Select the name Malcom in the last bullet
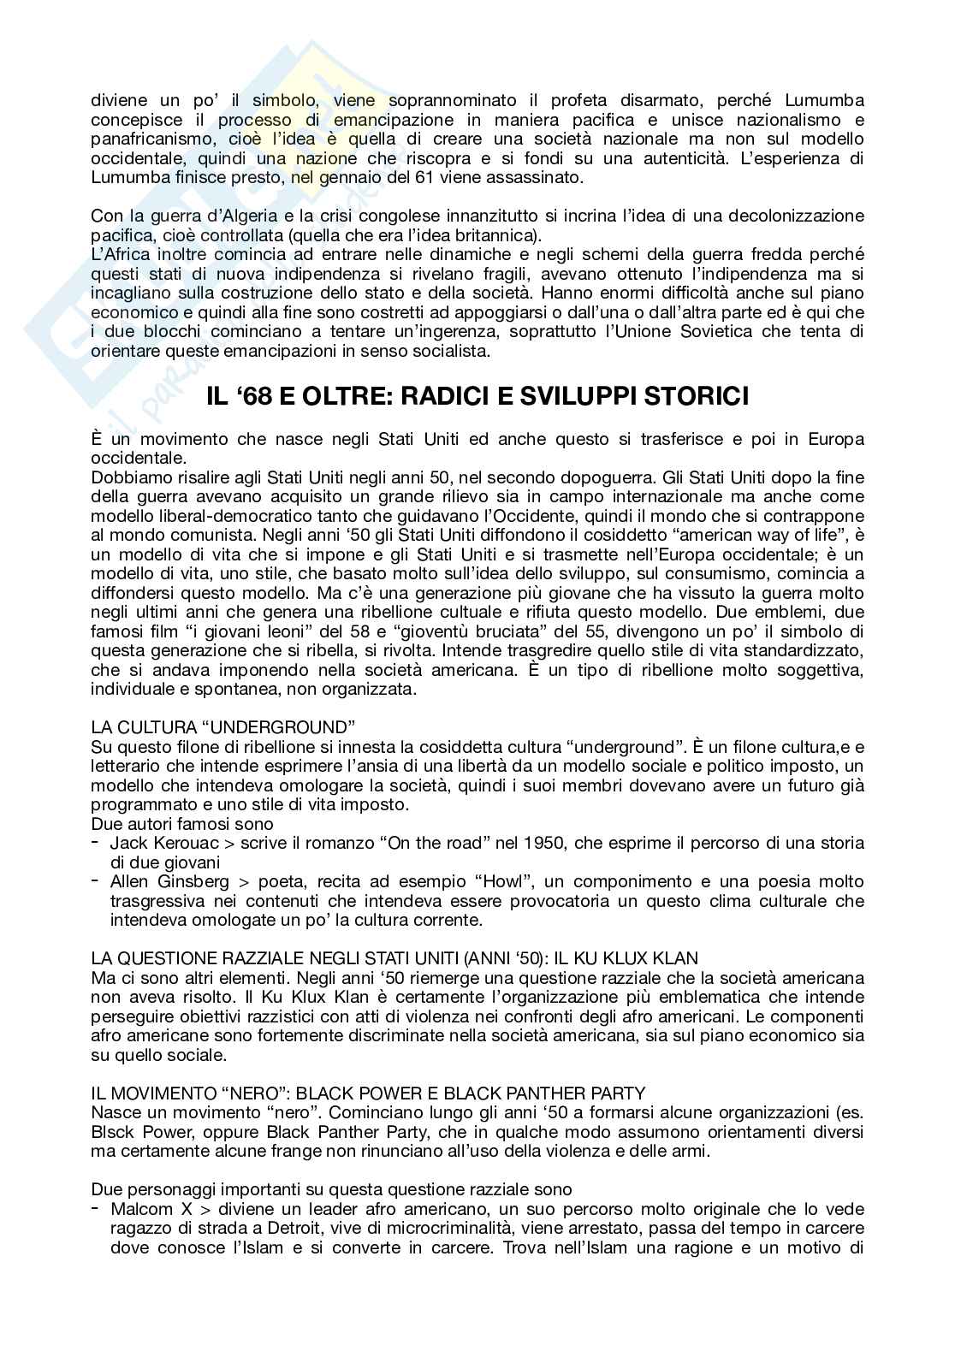(139, 1210)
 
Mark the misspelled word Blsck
(112, 1132)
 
